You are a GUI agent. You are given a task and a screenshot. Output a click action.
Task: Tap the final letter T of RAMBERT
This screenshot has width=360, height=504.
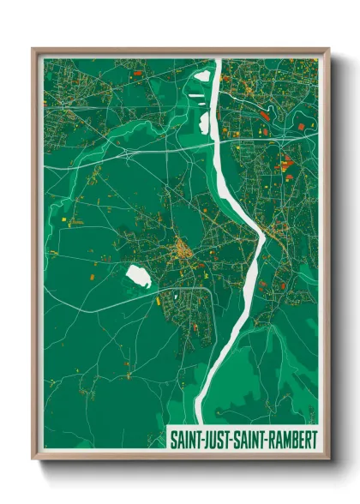[x=314, y=439]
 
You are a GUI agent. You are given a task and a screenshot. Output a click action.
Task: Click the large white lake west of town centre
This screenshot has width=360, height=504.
[x=138, y=276]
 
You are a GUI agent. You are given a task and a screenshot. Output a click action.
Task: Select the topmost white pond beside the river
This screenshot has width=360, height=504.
[x=202, y=74]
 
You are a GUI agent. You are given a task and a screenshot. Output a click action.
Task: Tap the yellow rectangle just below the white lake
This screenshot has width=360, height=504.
[x=159, y=300]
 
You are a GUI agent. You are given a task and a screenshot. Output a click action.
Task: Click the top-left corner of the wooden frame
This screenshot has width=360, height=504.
[x=33, y=50]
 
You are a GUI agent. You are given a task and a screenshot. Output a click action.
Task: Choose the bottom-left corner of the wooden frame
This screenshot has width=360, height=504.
[x=33, y=458]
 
